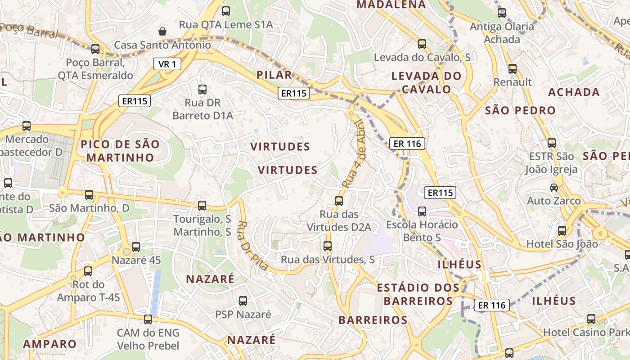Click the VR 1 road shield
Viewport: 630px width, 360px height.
pos(167,64)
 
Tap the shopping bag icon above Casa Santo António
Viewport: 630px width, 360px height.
pos(162,31)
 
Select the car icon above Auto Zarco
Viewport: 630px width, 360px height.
pos(553,187)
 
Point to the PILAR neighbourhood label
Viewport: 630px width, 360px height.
pos(274,75)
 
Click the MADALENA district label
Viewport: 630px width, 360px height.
pos(391,4)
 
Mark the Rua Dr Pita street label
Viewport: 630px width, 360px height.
pos(253,245)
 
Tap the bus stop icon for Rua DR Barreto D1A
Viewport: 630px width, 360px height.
pos(202,90)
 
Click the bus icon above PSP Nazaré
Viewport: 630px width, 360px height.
pos(243,301)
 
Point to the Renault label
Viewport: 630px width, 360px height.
pos(513,82)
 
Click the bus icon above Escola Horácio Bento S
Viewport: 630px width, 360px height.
pos(422,211)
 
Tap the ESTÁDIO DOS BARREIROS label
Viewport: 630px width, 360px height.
pos(418,294)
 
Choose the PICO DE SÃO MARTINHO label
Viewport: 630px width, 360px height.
pos(120,151)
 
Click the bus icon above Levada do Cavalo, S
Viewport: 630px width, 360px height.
pos(422,44)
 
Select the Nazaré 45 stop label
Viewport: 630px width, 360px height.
pos(136,260)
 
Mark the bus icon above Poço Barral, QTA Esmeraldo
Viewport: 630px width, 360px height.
pos(95,49)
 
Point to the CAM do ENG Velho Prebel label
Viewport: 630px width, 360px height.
pos(148,339)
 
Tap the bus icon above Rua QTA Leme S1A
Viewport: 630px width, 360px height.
pos(226,11)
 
